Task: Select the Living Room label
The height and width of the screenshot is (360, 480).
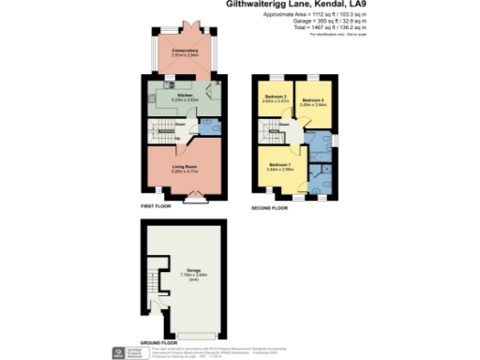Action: [184, 166]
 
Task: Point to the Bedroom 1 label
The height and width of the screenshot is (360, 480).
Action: [280, 165]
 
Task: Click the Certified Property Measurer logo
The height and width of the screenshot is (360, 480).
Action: [117, 353]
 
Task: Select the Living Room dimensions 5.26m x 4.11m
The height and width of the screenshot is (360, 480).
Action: [184, 172]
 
